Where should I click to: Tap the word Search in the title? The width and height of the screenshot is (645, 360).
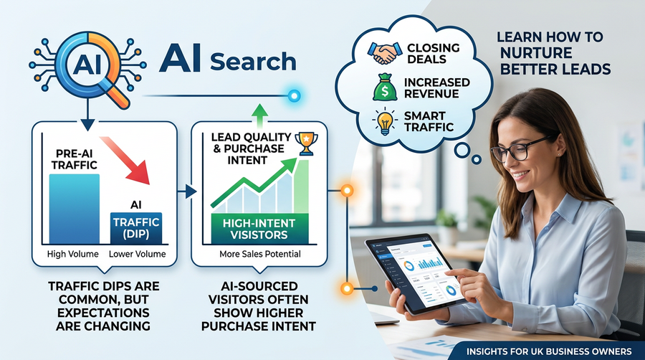coord(253,62)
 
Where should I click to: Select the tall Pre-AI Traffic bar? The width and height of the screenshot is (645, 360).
coord(74,209)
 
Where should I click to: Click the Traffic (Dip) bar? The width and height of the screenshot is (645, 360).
coord(136,228)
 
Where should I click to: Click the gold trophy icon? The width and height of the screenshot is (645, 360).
coord(307,143)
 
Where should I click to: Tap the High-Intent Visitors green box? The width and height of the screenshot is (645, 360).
coord(259,229)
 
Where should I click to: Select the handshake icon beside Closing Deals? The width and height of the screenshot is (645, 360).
coord(385,53)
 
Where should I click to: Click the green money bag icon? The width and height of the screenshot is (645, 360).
coord(385,87)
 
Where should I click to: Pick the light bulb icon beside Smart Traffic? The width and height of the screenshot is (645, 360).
coord(385,121)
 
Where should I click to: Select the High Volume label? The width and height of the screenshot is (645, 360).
coord(73,254)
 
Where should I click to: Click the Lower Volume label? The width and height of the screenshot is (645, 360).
coord(137,254)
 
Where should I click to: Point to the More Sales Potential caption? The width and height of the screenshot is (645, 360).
coord(260,254)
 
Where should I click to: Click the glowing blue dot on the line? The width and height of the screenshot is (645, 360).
coord(294,96)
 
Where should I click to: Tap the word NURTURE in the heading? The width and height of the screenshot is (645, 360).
coord(536,53)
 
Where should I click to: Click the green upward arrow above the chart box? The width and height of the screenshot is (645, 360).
coord(259,115)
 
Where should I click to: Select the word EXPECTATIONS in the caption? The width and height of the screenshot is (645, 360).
coord(103,313)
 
